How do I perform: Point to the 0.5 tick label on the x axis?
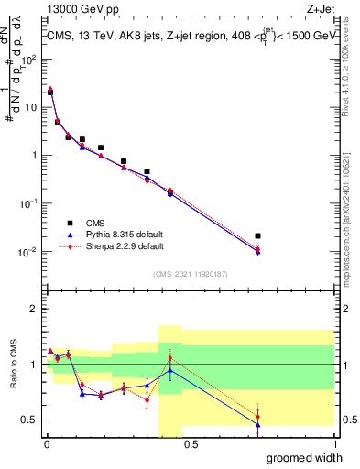coord(190,444)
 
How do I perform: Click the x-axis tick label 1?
coord(334,444)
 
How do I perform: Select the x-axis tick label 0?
coord(46,444)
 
